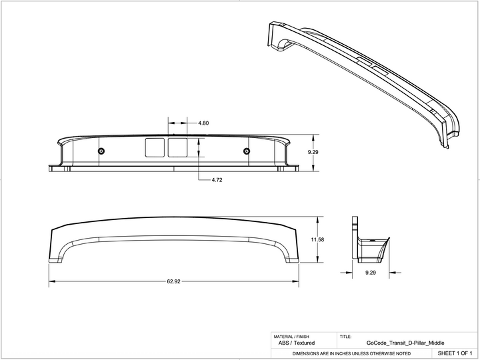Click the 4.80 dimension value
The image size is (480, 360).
pos(204,123)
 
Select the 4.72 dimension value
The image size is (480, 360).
pos(217,181)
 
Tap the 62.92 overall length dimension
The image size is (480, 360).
pos(173,281)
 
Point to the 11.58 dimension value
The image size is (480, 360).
pos(317,239)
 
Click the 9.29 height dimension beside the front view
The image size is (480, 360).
pos(313,153)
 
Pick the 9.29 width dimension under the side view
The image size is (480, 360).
pos(371,273)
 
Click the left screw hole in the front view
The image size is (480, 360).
pos(101,151)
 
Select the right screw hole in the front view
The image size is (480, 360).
pos(247,151)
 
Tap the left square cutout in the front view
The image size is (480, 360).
pos(155,148)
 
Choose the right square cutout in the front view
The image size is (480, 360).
pos(177,148)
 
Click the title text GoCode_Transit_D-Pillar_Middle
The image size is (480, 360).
pos(395,343)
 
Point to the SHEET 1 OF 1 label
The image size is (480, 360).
pos(455,352)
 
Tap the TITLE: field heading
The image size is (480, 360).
pos(346,337)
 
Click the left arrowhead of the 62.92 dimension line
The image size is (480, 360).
pos(51,281)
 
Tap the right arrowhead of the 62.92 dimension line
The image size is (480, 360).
pos(296,281)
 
